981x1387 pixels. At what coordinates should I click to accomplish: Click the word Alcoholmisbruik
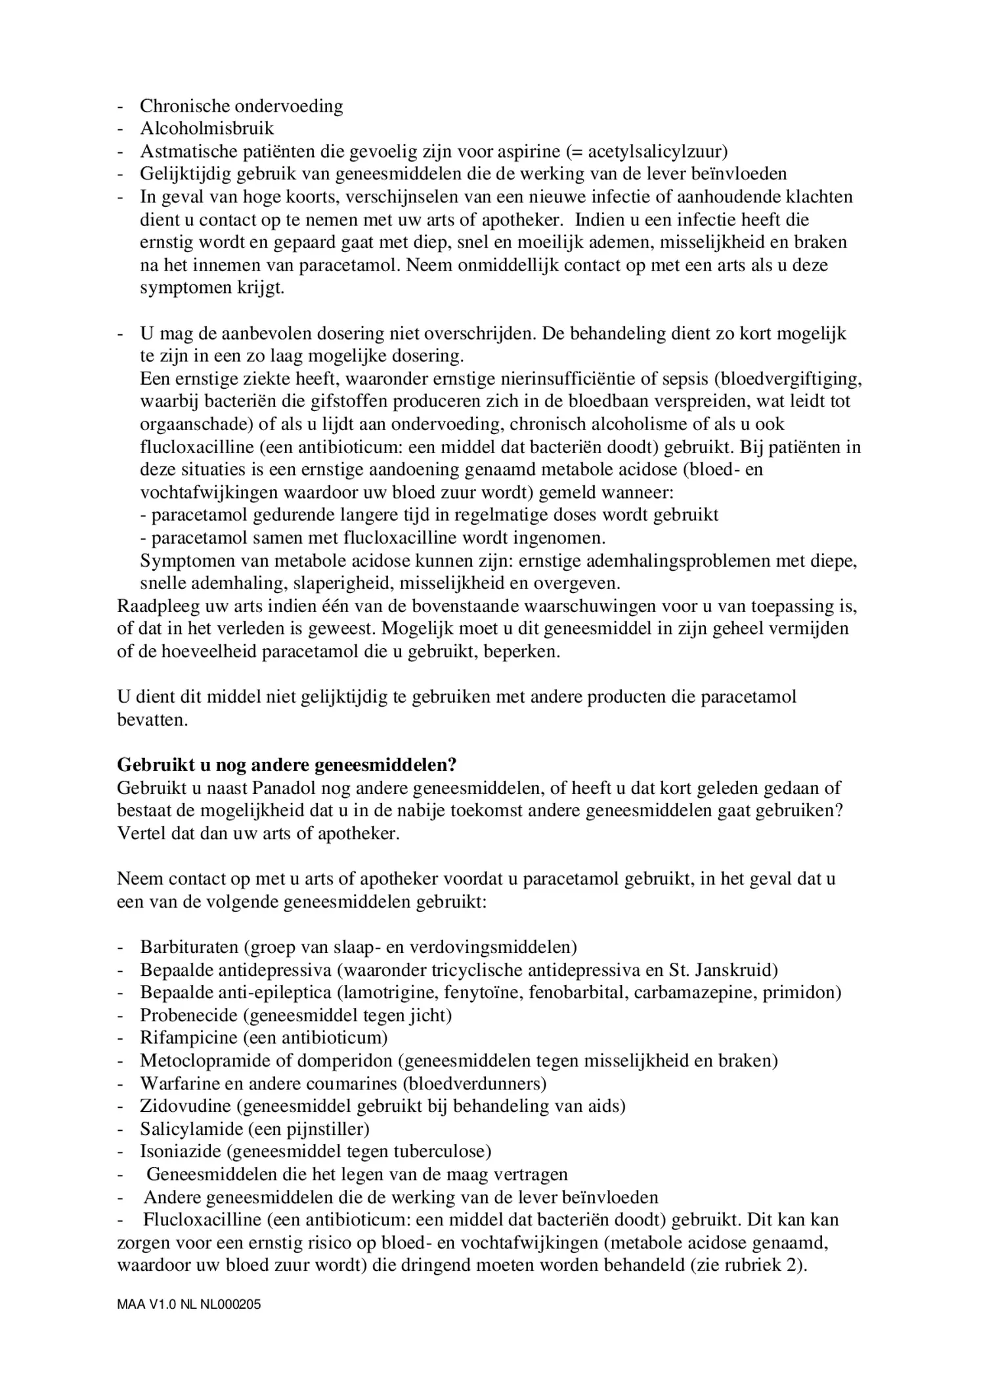coord(207,128)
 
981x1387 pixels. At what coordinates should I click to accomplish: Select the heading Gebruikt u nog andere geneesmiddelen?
coord(287,765)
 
